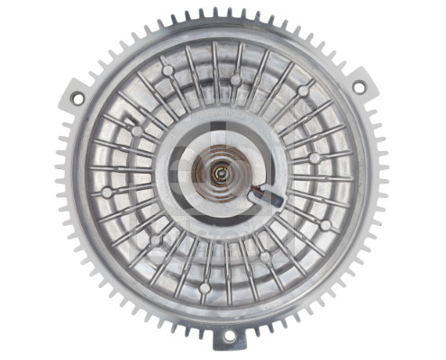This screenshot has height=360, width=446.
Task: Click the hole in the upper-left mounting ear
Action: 76,96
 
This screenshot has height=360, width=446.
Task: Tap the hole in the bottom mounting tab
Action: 229,336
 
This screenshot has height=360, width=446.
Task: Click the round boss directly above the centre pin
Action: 235,79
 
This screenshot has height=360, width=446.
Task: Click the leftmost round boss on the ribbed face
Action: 108,192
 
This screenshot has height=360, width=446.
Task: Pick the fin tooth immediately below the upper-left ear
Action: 67,120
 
